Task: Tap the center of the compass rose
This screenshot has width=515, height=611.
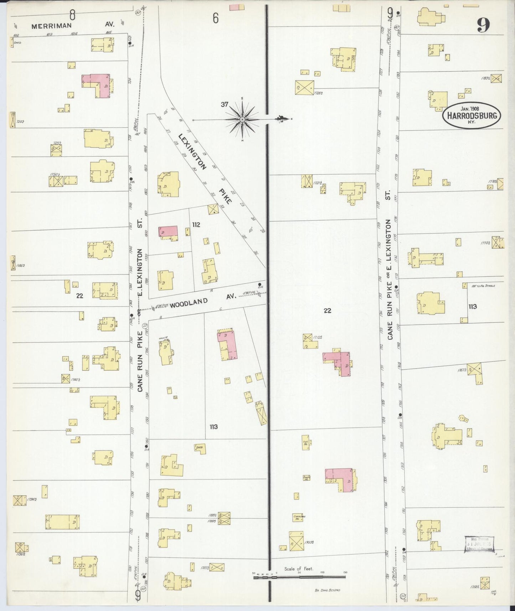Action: pyautogui.click(x=242, y=119)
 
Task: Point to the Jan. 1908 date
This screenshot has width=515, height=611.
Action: pyautogui.click(x=470, y=108)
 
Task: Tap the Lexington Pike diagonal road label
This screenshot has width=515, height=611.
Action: pyautogui.click(x=205, y=169)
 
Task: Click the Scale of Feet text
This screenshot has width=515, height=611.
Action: pyautogui.click(x=299, y=569)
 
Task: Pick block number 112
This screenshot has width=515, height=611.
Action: pyautogui.click(x=196, y=225)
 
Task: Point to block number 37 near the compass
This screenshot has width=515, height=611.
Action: pyautogui.click(x=224, y=104)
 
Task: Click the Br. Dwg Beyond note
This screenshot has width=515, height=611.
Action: pyautogui.click(x=327, y=590)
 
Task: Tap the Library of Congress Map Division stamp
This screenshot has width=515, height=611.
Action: pyautogui.click(x=479, y=544)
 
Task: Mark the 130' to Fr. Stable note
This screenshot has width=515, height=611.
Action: pyautogui.click(x=483, y=286)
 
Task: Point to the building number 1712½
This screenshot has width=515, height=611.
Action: pyautogui.click(x=318, y=337)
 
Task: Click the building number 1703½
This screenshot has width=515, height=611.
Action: pyautogui.click(x=309, y=542)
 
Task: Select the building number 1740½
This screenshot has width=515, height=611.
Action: pyautogui.click(x=75, y=380)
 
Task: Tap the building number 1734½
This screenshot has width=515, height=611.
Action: pyautogui.click(x=32, y=500)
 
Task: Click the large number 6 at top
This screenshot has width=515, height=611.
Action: pyautogui.click(x=215, y=18)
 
